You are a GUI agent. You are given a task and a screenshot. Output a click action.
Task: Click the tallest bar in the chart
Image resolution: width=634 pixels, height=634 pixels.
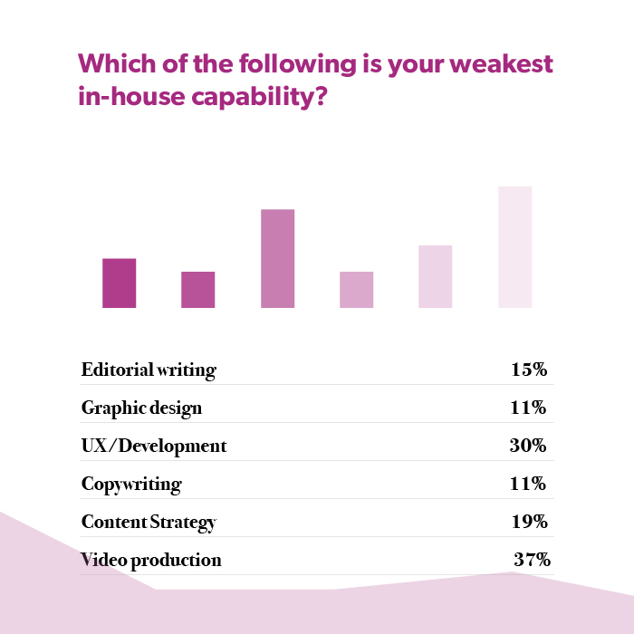pos(514,246)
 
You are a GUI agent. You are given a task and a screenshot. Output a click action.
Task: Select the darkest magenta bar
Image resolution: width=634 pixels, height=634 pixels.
pos(120,283)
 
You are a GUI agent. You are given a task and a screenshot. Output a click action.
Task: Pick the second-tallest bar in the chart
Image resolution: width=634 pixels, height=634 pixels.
pos(277,258)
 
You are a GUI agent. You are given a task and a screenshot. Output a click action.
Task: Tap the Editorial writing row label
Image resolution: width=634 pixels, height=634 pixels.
pos(149,370)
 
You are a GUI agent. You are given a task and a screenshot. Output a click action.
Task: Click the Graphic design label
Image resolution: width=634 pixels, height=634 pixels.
pos(141,408)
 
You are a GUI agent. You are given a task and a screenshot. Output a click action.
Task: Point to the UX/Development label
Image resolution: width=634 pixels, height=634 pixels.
pos(154,446)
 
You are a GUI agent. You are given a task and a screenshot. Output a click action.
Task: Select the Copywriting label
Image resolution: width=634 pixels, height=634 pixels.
pos(131,484)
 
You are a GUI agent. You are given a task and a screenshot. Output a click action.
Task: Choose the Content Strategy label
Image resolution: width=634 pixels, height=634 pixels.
pos(149,522)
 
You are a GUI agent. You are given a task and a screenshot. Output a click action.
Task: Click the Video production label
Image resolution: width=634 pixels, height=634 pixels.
pos(151,560)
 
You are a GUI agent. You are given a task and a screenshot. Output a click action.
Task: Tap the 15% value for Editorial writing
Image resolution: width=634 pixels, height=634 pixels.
pos(528,370)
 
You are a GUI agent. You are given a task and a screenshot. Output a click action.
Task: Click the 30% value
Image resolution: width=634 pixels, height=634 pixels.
pos(528,446)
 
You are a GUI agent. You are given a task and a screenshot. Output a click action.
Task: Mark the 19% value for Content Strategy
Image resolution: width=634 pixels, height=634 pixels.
pos(528,522)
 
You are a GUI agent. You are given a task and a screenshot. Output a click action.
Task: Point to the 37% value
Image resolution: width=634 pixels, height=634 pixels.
pos(532,560)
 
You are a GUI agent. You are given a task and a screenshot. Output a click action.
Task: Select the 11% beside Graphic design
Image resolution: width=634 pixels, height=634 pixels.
pos(528,408)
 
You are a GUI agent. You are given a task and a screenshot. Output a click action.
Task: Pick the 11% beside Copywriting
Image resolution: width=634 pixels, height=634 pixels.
pos(528,484)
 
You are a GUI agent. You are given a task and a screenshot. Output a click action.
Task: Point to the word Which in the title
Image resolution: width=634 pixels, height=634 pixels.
pos(113,66)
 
